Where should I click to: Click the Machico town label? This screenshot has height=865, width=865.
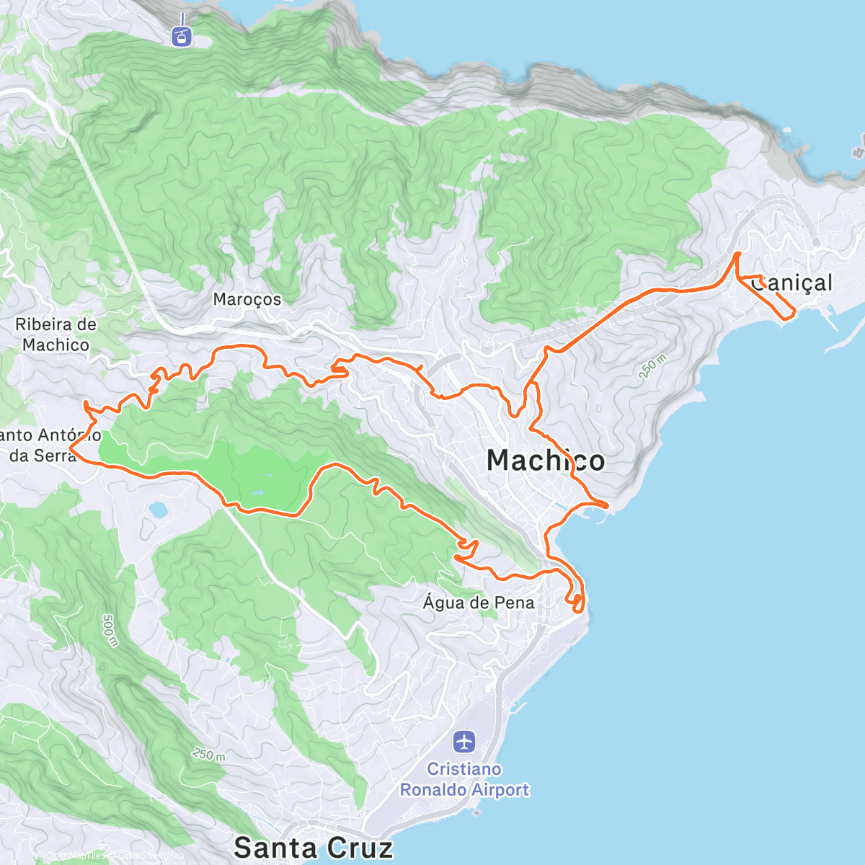(x=546, y=460)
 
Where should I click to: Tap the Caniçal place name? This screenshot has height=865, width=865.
(x=791, y=283)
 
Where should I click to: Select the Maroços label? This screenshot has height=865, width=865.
(x=247, y=299)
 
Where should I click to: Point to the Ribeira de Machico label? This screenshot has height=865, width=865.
(x=56, y=334)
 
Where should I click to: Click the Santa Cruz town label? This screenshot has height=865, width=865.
(x=314, y=848)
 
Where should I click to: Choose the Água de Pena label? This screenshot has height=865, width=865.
(x=479, y=603)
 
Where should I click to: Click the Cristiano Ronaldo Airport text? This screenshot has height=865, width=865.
(x=464, y=779)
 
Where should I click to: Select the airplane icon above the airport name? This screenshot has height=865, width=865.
(x=465, y=740)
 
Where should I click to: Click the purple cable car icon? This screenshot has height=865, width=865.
(x=182, y=35)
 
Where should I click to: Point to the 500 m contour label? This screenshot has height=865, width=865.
(x=110, y=630)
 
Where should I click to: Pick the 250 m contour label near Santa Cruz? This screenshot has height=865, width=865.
(x=209, y=755)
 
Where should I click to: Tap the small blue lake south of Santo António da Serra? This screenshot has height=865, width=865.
(x=158, y=510)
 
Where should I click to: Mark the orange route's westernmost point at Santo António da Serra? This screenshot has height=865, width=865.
(x=70, y=451)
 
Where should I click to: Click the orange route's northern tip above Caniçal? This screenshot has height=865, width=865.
(x=737, y=254)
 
